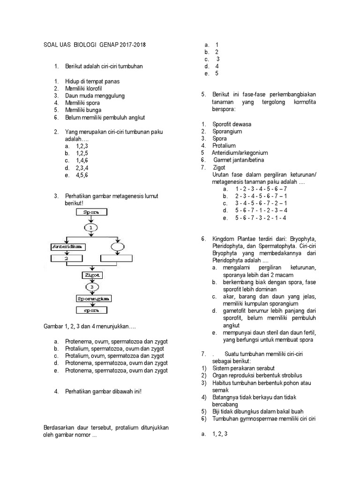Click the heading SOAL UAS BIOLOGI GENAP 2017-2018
click(94, 45)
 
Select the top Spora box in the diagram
click(91, 212)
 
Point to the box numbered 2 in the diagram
click(67, 258)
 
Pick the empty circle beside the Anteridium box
click(117, 246)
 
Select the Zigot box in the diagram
click(91, 275)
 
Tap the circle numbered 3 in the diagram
click(92, 286)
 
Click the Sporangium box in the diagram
click(92, 298)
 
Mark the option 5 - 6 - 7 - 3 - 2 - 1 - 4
click(261, 218)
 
